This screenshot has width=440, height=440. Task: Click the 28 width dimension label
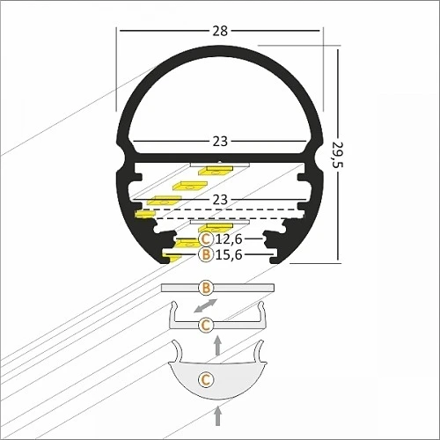click(220, 31)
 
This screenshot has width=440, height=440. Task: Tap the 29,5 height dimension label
click(338, 155)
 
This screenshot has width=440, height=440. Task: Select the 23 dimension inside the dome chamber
click(220, 142)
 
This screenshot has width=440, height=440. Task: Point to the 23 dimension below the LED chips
click(220, 200)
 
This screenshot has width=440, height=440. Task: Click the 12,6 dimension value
click(229, 239)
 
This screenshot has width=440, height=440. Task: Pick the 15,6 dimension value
click(229, 254)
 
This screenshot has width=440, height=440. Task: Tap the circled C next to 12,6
click(206, 239)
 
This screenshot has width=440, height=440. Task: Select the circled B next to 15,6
click(206, 254)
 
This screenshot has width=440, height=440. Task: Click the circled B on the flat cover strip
click(206, 288)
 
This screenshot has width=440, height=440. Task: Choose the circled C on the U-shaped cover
click(206, 325)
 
